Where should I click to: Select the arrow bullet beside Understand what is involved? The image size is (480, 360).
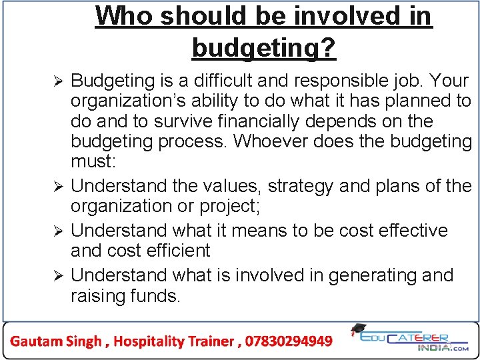[x=58, y=275]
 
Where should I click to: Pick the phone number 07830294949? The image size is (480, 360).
[x=289, y=341]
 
